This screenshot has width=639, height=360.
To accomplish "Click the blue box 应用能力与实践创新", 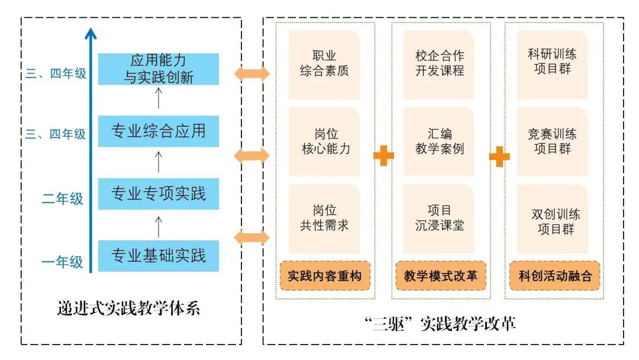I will pos(158,69).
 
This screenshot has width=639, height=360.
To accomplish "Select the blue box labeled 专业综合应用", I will pos(158,131).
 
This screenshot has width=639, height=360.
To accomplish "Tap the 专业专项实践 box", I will pos(158,194).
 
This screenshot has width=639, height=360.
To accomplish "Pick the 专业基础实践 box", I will pos(158,256).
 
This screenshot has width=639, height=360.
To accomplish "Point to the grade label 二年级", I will pos(62,199).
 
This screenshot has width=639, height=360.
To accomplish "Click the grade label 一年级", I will pos(62,262).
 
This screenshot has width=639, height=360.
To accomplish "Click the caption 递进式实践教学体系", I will pos(129,308).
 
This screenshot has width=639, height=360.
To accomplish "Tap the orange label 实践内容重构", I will pos(324,276).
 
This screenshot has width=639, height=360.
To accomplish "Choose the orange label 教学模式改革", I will pos(440,276).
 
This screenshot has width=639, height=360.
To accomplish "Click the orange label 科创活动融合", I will pos(555,276).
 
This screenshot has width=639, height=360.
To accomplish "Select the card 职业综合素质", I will pos(324,64).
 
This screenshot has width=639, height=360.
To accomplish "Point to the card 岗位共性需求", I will pos(324,218).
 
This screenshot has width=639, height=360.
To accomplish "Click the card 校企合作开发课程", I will pos(440,64).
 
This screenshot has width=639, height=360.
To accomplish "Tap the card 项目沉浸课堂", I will pos(440,218).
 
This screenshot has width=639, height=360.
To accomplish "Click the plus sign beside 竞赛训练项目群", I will pos(499,156).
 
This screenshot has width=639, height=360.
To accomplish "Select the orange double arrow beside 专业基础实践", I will pos(251,238).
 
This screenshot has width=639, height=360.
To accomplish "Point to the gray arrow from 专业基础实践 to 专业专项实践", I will pos(158,225).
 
